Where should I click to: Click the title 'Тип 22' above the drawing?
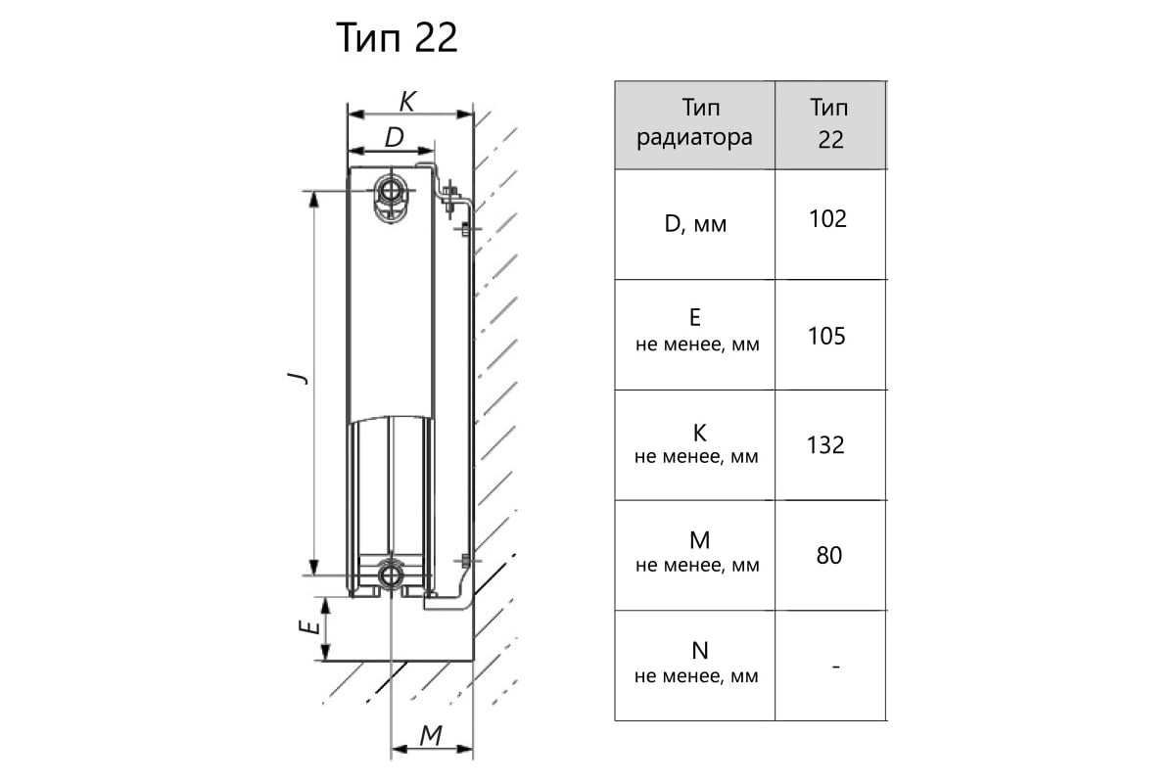tap(397, 38)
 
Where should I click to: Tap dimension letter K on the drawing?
tap(407, 102)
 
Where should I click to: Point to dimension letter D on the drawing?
tap(395, 137)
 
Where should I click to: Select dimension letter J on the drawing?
tap(298, 378)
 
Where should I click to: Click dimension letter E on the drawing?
tap(309, 626)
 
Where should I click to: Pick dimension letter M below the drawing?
tap(431, 735)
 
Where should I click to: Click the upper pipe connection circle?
tap(391, 191)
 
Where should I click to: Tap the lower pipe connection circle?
tap(391, 576)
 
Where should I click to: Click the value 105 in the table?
tap(826, 336)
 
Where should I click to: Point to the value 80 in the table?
tap(828, 555)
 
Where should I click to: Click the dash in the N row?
tap(836, 667)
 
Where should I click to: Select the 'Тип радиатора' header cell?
tap(694, 125)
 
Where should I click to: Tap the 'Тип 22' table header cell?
tap(830, 125)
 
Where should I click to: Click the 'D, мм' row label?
tap(695, 224)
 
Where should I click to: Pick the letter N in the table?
tap(700, 651)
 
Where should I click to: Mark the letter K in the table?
tap(700, 434)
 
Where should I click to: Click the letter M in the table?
tap(700, 540)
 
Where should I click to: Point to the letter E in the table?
tap(695, 317)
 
